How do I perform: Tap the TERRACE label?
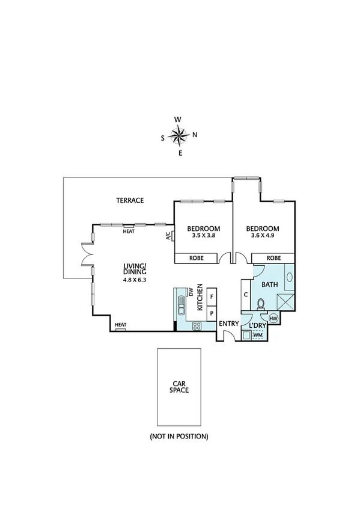[130, 200]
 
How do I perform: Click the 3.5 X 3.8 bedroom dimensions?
[203, 236]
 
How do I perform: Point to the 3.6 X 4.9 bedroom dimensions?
[263, 236]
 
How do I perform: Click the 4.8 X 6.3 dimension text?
[135, 280]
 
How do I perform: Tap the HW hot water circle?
[273, 318]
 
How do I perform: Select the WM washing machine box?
[258, 335]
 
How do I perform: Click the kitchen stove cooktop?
[197, 326]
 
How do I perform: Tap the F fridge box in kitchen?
[211, 296]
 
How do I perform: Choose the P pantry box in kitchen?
[211, 313]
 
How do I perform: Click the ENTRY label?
[228, 324]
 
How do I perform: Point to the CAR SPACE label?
[180, 386]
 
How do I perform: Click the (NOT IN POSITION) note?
[179, 436]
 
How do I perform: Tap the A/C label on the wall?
[168, 236]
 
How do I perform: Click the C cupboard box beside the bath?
[246, 295]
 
